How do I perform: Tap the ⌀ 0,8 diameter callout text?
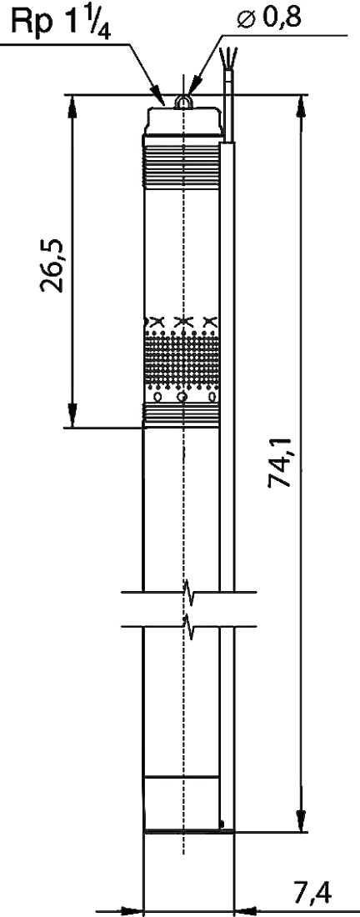click(269, 18)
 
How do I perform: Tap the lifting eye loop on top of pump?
click(183, 102)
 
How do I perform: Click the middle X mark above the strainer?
click(183, 321)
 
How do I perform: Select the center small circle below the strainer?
click(183, 398)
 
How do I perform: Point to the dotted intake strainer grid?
click(182, 358)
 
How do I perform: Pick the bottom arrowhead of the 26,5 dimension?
click(72, 414)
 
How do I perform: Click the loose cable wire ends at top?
click(228, 58)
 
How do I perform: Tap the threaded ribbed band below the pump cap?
click(182, 167)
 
